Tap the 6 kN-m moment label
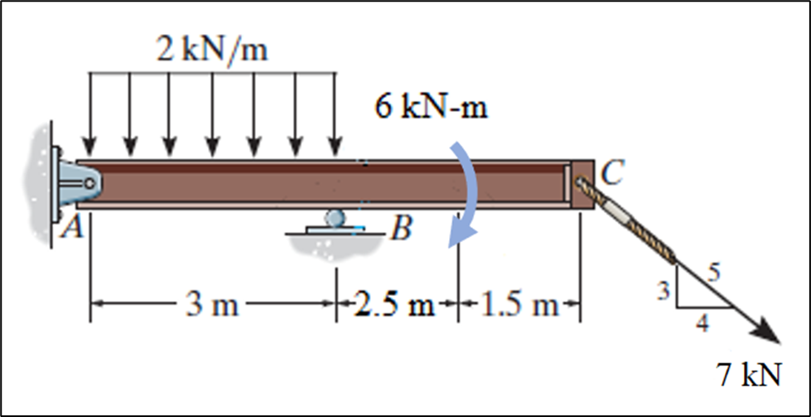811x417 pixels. coord(432,109)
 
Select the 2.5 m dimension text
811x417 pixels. coord(394,306)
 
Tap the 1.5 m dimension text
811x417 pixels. coord(517,306)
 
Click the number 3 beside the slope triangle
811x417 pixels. coord(663,289)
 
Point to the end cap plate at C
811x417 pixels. coord(583,184)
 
